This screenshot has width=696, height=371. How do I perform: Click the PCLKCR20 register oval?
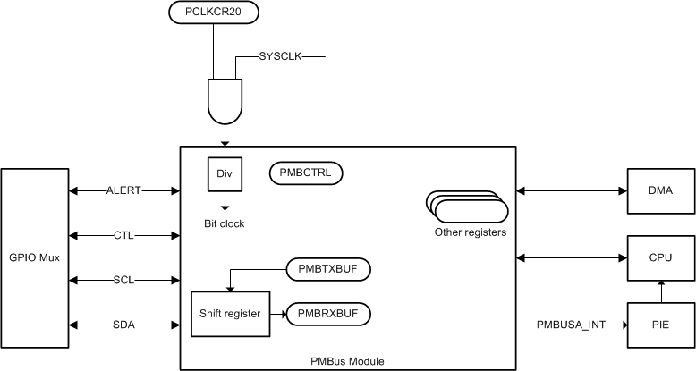213,13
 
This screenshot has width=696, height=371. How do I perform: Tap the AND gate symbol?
224,100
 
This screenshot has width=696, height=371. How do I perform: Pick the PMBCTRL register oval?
306,172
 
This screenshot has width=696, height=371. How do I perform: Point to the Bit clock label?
224,223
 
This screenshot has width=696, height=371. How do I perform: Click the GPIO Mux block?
35,257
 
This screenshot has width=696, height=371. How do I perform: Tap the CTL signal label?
123,235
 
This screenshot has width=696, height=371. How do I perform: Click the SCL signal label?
123,280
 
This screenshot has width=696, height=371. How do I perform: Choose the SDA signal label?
123,325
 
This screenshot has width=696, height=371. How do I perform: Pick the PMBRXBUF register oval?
328,314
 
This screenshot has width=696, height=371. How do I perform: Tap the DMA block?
661,190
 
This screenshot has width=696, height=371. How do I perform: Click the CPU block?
661,257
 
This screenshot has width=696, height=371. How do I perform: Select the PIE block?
661,325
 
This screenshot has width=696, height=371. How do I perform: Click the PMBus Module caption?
348,361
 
